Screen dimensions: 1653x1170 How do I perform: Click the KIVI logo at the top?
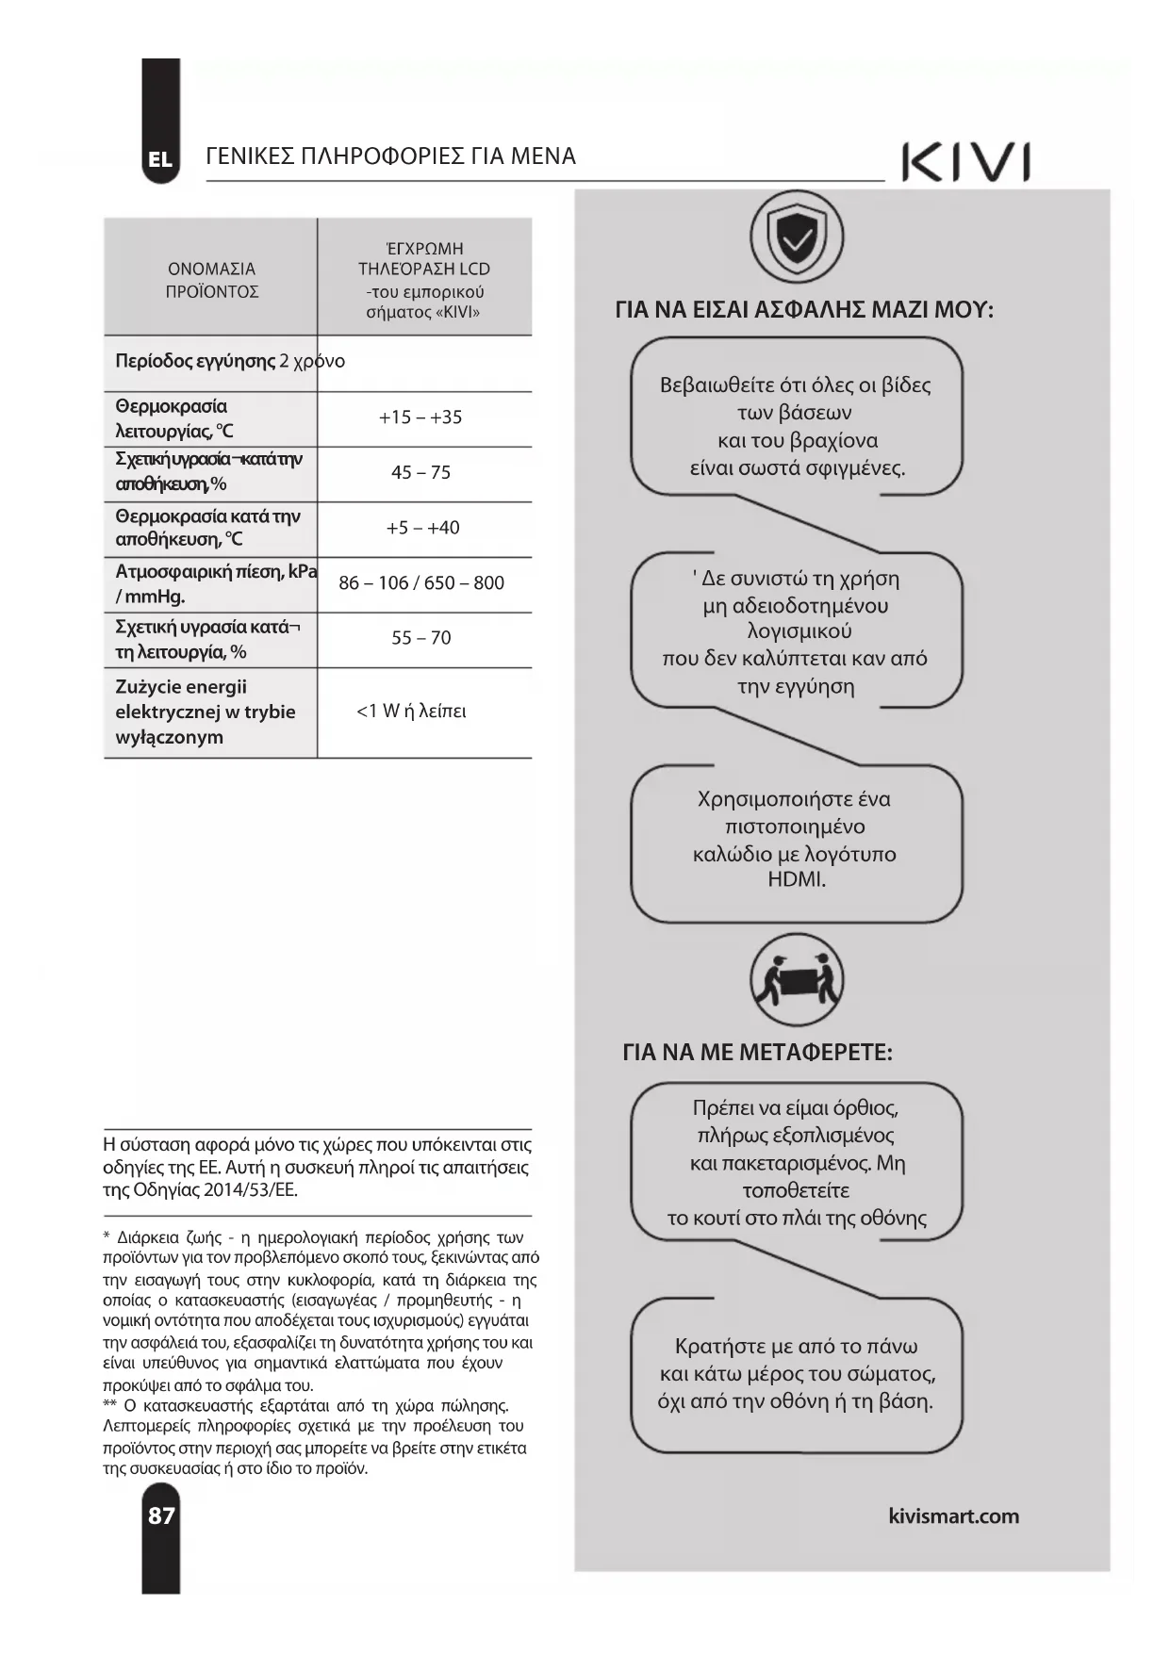click(965, 162)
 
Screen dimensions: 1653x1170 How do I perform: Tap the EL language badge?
click(160, 159)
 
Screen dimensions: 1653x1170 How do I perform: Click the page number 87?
click(161, 1515)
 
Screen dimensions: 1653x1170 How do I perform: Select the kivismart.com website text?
click(953, 1516)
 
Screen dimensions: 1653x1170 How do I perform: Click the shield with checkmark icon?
click(797, 237)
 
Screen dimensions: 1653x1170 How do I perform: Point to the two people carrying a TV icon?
click(797, 981)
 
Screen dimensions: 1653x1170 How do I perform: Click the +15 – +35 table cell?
click(420, 417)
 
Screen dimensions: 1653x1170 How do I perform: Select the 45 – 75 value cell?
click(420, 473)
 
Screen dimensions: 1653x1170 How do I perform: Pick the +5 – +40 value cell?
click(422, 528)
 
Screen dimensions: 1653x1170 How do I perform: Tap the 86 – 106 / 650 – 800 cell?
click(421, 583)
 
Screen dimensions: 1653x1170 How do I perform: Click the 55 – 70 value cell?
click(420, 638)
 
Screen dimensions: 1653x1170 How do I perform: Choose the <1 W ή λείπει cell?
click(411, 712)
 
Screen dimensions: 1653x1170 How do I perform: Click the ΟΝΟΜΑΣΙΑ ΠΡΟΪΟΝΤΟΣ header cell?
click(211, 280)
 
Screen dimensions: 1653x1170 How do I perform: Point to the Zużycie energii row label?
click(205, 712)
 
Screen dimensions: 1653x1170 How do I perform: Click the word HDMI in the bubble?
click(797, 880)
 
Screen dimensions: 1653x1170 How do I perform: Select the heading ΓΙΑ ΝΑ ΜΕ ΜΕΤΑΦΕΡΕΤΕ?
click(757, 1053)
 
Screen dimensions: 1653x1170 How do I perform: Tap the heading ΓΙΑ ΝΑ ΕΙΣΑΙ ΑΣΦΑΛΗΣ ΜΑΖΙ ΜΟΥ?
click(803, 310)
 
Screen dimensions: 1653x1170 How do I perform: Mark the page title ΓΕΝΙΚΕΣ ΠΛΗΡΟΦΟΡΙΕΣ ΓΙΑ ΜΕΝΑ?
click(390, 156)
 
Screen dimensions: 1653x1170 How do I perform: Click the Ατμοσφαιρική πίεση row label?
click(215, 583)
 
